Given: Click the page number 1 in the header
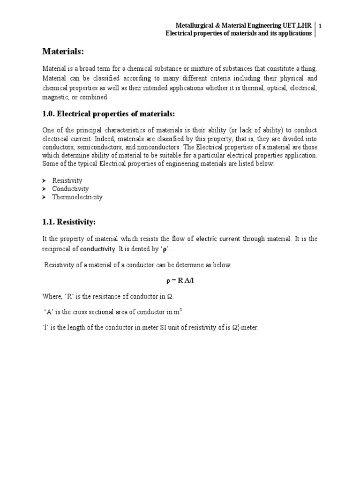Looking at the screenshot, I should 320,26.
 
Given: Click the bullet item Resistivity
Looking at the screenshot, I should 67,180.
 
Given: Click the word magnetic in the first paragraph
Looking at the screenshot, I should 55,97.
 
